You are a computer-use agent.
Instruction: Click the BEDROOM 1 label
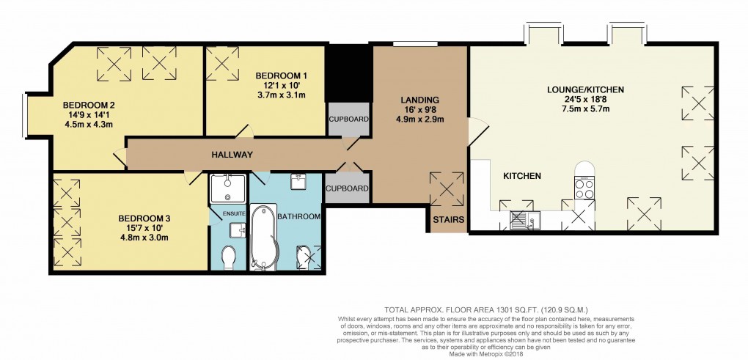pyautogui.click(x=281, y=76)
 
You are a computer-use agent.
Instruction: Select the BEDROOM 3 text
pyautogui.click(x=144, y=218)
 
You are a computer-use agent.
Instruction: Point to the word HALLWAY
pyautogui.click(x=232, y=155)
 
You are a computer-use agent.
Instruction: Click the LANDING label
pyautogui.click(x=419, y=100)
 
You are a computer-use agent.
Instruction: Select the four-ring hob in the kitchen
pyautogui.click(x=584, y=189)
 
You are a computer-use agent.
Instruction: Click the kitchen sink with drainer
pyautogui.click(x=524, y=218)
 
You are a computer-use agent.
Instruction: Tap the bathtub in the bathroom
pyautogui.click(x=262, y=236)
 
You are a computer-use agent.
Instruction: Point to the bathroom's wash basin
pyautogui.click(x=298, y=181)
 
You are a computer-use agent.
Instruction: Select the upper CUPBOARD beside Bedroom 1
pyautogui.click(x=348, y=119)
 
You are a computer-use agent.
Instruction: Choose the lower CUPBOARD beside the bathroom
pyautogui.click(x=348, y=188)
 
